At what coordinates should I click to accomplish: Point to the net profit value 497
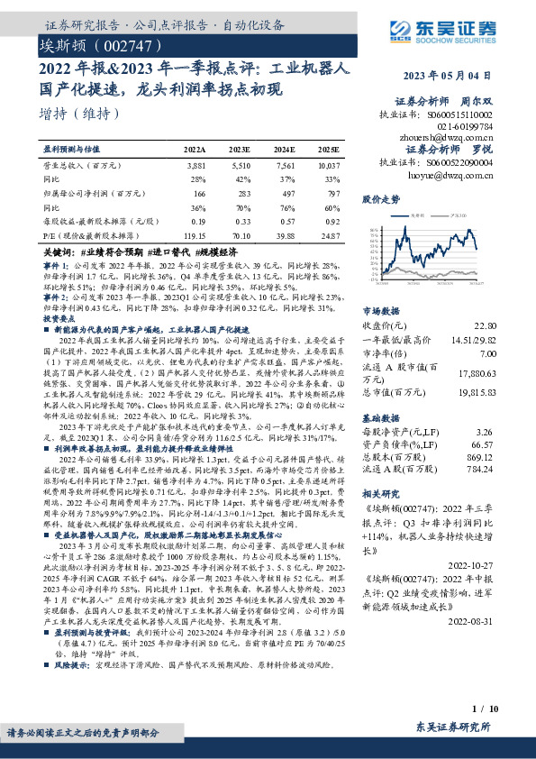[285, 194]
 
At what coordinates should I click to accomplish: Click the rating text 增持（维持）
[80, 114]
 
